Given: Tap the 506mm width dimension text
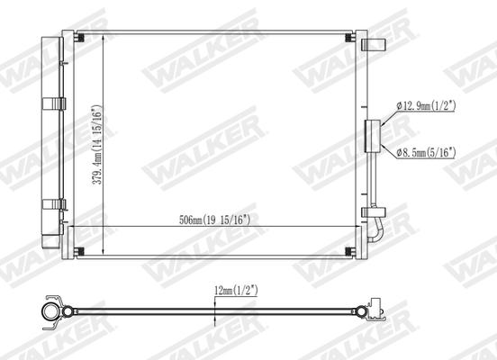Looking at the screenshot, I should pyautogui.click(x=214, y=219).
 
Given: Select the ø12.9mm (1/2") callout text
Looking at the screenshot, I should pyautogui.click(x=426, y=106).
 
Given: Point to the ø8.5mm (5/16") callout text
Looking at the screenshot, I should pyautogui.click(x=426, y=153).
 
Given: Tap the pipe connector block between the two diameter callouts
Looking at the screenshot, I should pyautogui.click(x=372, y=135).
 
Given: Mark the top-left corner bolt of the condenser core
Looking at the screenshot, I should pyautogui.click(x=81, y=37).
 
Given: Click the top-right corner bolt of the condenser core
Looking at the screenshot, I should pyautogui.click(x=346, y=37).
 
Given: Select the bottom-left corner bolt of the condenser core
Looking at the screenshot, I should pyautogui.click(x=81, y=250).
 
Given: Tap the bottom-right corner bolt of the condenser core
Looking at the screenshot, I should pyautogui.click(x=346, y=250).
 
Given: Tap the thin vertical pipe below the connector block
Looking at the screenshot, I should pyautogui.click(x=369, y=180).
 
